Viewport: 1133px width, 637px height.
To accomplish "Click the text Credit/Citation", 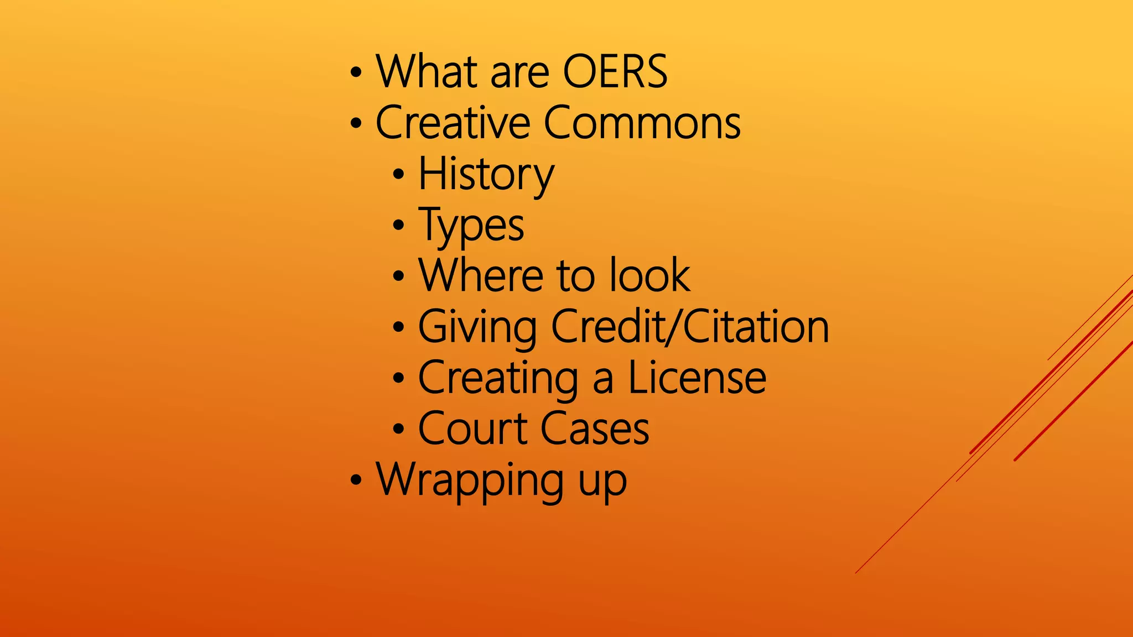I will click(x=690, y=326).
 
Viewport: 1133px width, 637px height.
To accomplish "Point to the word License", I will click(x=697, y=377).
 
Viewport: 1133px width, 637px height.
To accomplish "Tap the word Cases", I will click(x=595, y=429).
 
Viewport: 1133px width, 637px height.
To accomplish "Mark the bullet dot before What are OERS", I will click(x=356, y=72).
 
